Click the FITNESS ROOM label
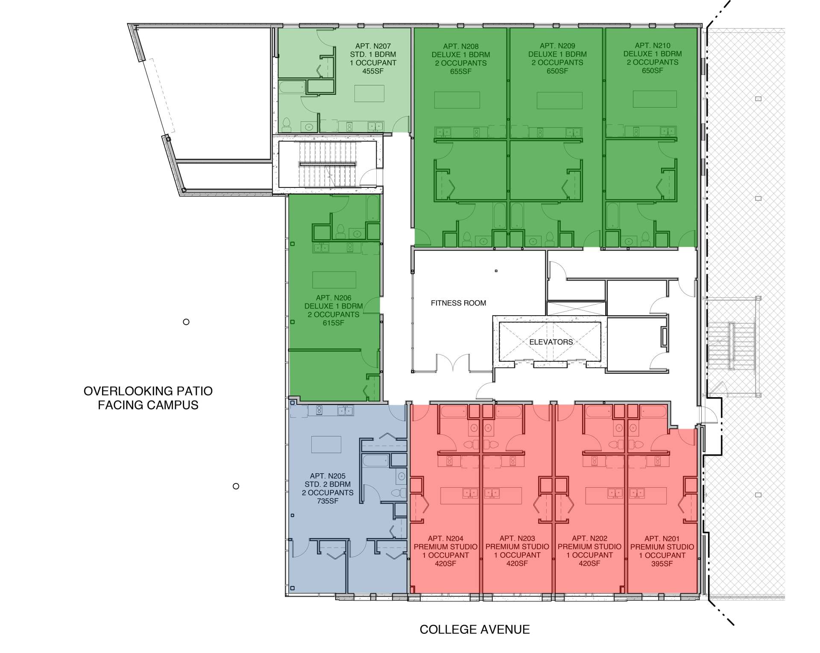click(458, 303)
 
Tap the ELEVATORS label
click(551, 342)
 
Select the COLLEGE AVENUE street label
click(474, 630)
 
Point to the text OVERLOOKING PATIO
click(148, 391)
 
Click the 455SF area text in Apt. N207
click(373, 71)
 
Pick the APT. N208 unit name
click(461, 47)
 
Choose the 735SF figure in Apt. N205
click(328, 501)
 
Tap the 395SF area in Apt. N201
click(662, 564)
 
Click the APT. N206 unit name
click(334, 298)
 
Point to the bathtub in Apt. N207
click(292, 88)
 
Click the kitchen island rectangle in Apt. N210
click(655, 99)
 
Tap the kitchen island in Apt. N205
click(326, 444)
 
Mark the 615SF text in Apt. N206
click(334, 323)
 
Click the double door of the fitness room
click(453, 363)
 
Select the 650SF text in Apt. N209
click(557, 71)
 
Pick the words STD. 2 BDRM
click(328, 484)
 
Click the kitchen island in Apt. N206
click(334, 280)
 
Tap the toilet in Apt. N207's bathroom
click(287, 124)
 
